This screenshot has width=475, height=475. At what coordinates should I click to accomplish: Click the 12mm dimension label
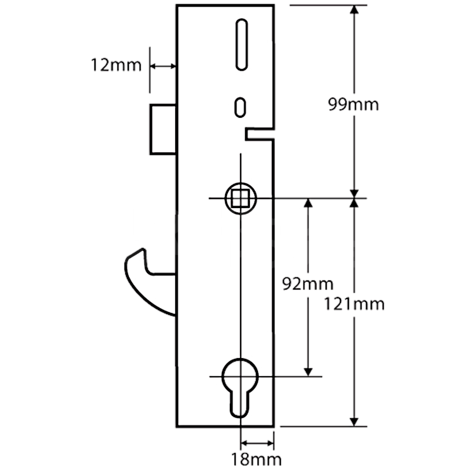(x=116, y=65)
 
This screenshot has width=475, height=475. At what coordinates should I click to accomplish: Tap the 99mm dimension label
(x=354, y=104)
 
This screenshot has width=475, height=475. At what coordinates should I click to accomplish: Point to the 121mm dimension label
(x=354, y=304)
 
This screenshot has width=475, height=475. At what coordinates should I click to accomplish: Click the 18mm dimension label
(x=256, y=459)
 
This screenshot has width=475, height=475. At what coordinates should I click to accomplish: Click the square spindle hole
(x=241, y=198)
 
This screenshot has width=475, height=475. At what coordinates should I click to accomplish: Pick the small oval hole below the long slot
(x=241, y=106)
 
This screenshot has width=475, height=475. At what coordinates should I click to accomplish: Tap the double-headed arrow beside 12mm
(x=163, y=66)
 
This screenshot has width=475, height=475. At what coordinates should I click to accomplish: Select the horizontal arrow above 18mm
(x=257, y=444)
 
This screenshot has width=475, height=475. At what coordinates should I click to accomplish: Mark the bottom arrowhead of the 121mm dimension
(x=354, y=422)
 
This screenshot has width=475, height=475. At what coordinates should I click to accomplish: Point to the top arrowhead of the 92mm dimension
(x=308, y=203)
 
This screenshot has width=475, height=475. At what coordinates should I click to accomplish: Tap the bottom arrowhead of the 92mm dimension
(x=308, y=371)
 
